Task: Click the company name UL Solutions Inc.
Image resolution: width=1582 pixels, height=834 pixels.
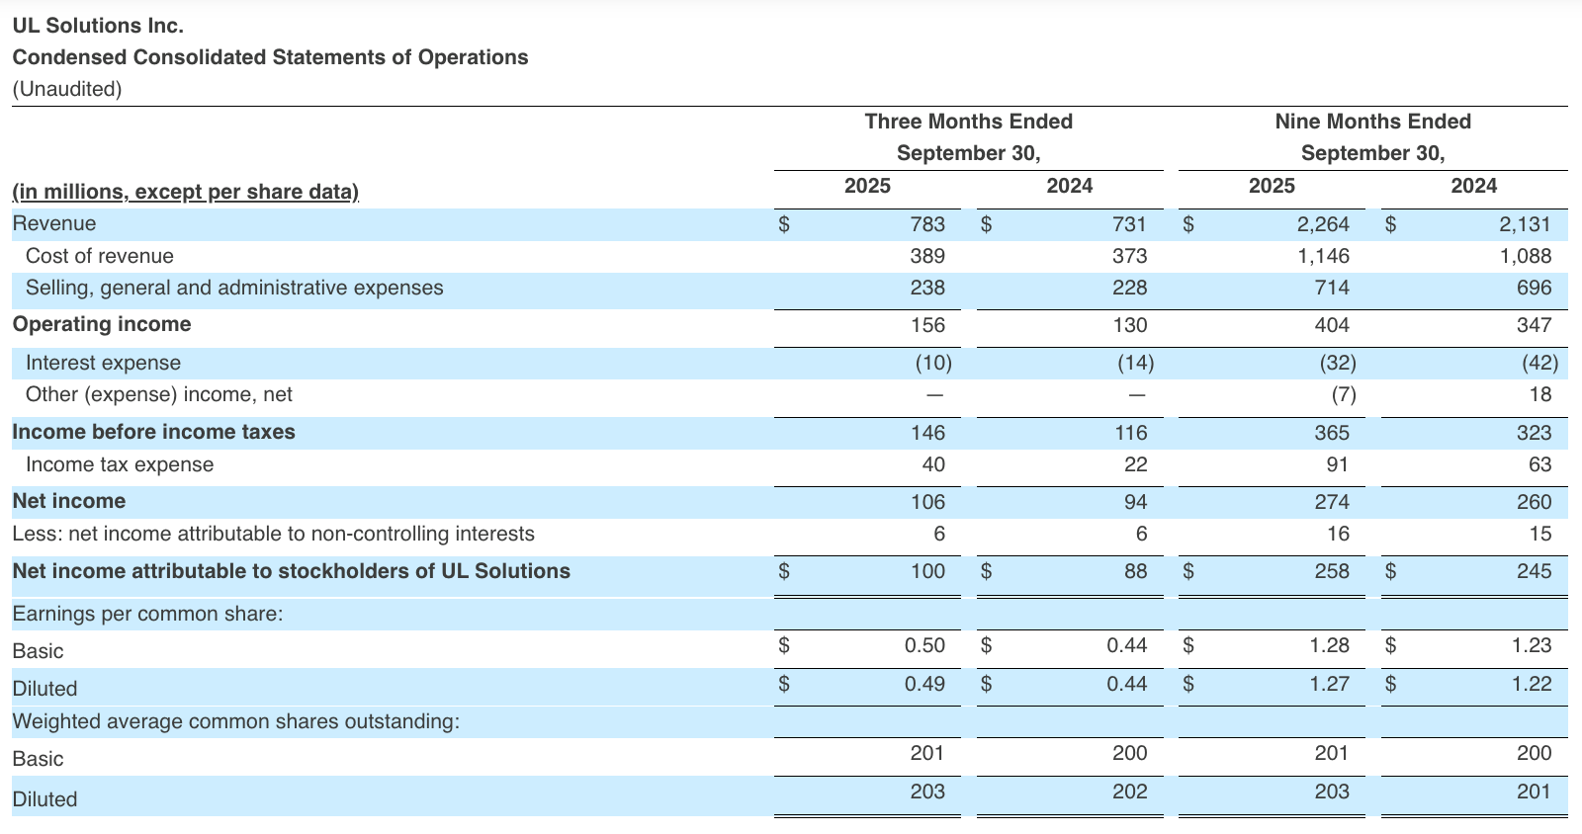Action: (98, 26)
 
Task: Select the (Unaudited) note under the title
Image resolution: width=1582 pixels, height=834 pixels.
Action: (67, 89)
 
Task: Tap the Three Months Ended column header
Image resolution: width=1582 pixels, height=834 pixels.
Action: (968, 122)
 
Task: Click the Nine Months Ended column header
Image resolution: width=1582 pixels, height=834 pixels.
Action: (1372, 122)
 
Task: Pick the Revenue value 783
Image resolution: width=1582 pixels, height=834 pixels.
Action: (926, 224)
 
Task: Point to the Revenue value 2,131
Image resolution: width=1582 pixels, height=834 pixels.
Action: (1525, 224)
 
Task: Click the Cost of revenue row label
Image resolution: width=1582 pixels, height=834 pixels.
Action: (99, 256)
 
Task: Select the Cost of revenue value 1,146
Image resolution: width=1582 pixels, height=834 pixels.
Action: (1323, 256)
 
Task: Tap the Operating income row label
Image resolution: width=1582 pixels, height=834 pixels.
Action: (102, 324)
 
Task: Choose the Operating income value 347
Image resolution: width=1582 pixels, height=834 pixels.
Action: (1534, 325)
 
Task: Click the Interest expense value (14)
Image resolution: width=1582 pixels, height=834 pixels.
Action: (1135, 363)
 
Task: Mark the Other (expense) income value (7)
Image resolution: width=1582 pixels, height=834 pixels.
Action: (1337, 394)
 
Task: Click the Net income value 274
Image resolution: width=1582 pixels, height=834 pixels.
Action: (1331, 502)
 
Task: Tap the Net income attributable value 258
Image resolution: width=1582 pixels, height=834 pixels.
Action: (1331, 571)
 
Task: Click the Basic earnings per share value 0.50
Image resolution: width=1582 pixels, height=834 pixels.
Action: (924, 645)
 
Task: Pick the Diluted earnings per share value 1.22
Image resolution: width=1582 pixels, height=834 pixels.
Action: (1532, 684)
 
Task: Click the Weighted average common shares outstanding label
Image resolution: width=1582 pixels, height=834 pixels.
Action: (235, 721)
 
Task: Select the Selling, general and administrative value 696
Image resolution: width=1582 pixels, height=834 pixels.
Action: (1534, 288)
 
